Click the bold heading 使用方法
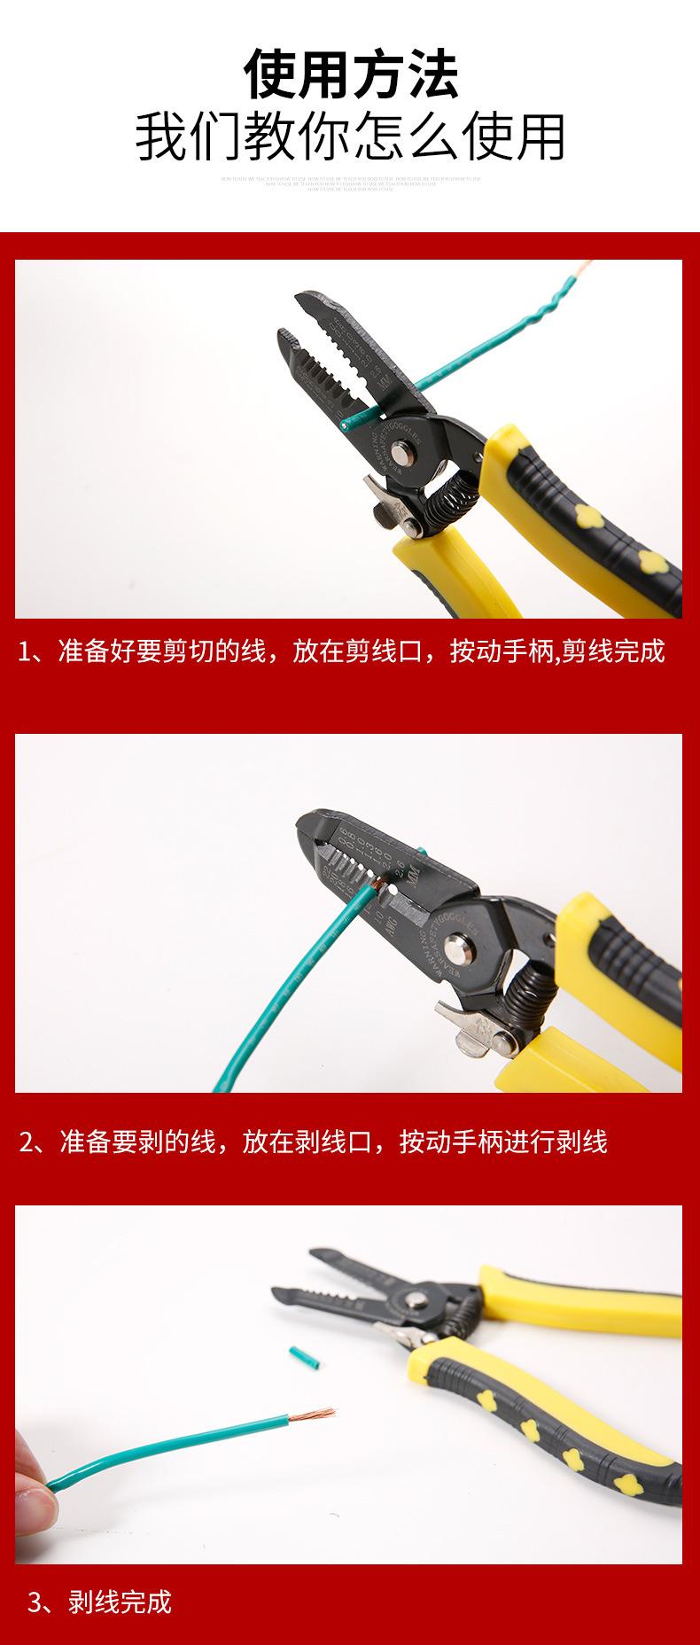(351, 74)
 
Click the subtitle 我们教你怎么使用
(350, 137)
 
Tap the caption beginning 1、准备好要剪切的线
(341, 651)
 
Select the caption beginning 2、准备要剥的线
(314, 1142)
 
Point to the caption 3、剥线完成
(99, 1602)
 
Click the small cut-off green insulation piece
(298, 1357)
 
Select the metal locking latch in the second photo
(465, 1029)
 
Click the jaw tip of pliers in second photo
(307, 824)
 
